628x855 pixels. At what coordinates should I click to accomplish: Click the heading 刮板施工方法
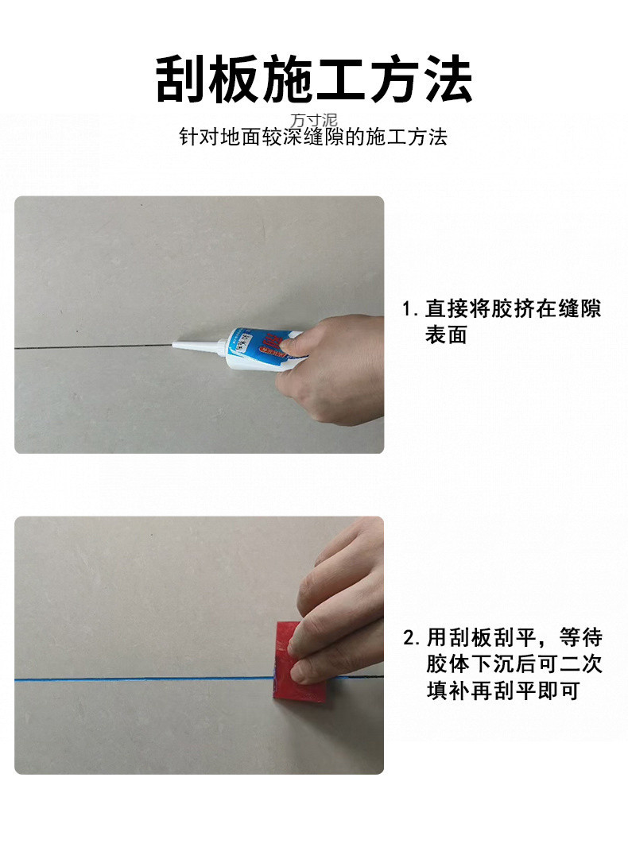314,79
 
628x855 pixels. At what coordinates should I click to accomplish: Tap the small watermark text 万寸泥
314,121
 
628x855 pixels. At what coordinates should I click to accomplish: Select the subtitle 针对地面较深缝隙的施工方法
314,137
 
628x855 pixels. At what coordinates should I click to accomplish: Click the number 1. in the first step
410,309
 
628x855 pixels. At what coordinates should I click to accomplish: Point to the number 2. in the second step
411,638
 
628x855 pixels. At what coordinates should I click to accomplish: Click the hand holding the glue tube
334,369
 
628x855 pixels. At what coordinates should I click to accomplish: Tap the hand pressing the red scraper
338,604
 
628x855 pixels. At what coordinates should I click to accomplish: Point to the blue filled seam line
143,679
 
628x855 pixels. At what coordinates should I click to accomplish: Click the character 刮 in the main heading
180,79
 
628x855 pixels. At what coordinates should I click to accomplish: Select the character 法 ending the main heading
448,79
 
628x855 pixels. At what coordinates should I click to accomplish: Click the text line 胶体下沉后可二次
514,664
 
